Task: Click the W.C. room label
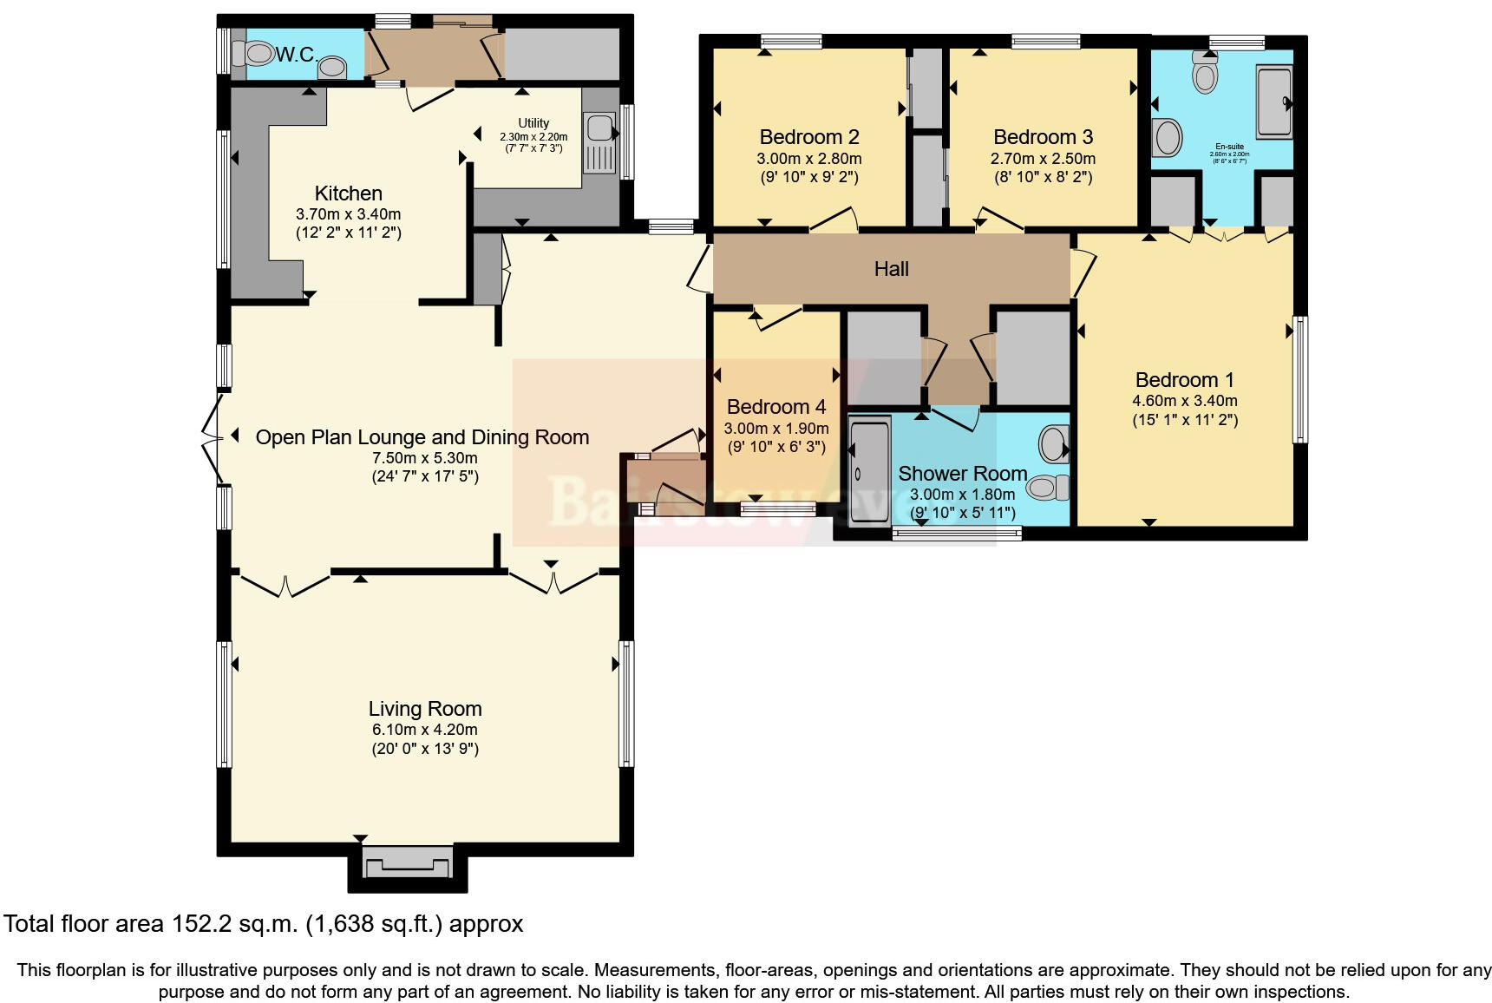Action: [296, 56]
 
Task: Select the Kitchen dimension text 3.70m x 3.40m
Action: [348, 214]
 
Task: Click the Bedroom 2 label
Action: [808, 137]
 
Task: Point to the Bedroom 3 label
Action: [1043, 137]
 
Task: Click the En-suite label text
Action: [1229, 147]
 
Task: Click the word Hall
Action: [891, 269]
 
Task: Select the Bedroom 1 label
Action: [1184, 380]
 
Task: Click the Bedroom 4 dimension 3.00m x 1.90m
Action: [775, 429]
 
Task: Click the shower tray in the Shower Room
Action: [868, 472]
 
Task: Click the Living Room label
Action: [424, 709]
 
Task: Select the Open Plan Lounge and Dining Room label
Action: [422, 437]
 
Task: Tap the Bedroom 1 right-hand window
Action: [1299, 380]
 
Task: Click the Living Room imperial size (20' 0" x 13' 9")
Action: [424, 749]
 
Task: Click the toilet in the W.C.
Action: [257, 54]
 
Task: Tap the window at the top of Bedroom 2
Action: [790, 41]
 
